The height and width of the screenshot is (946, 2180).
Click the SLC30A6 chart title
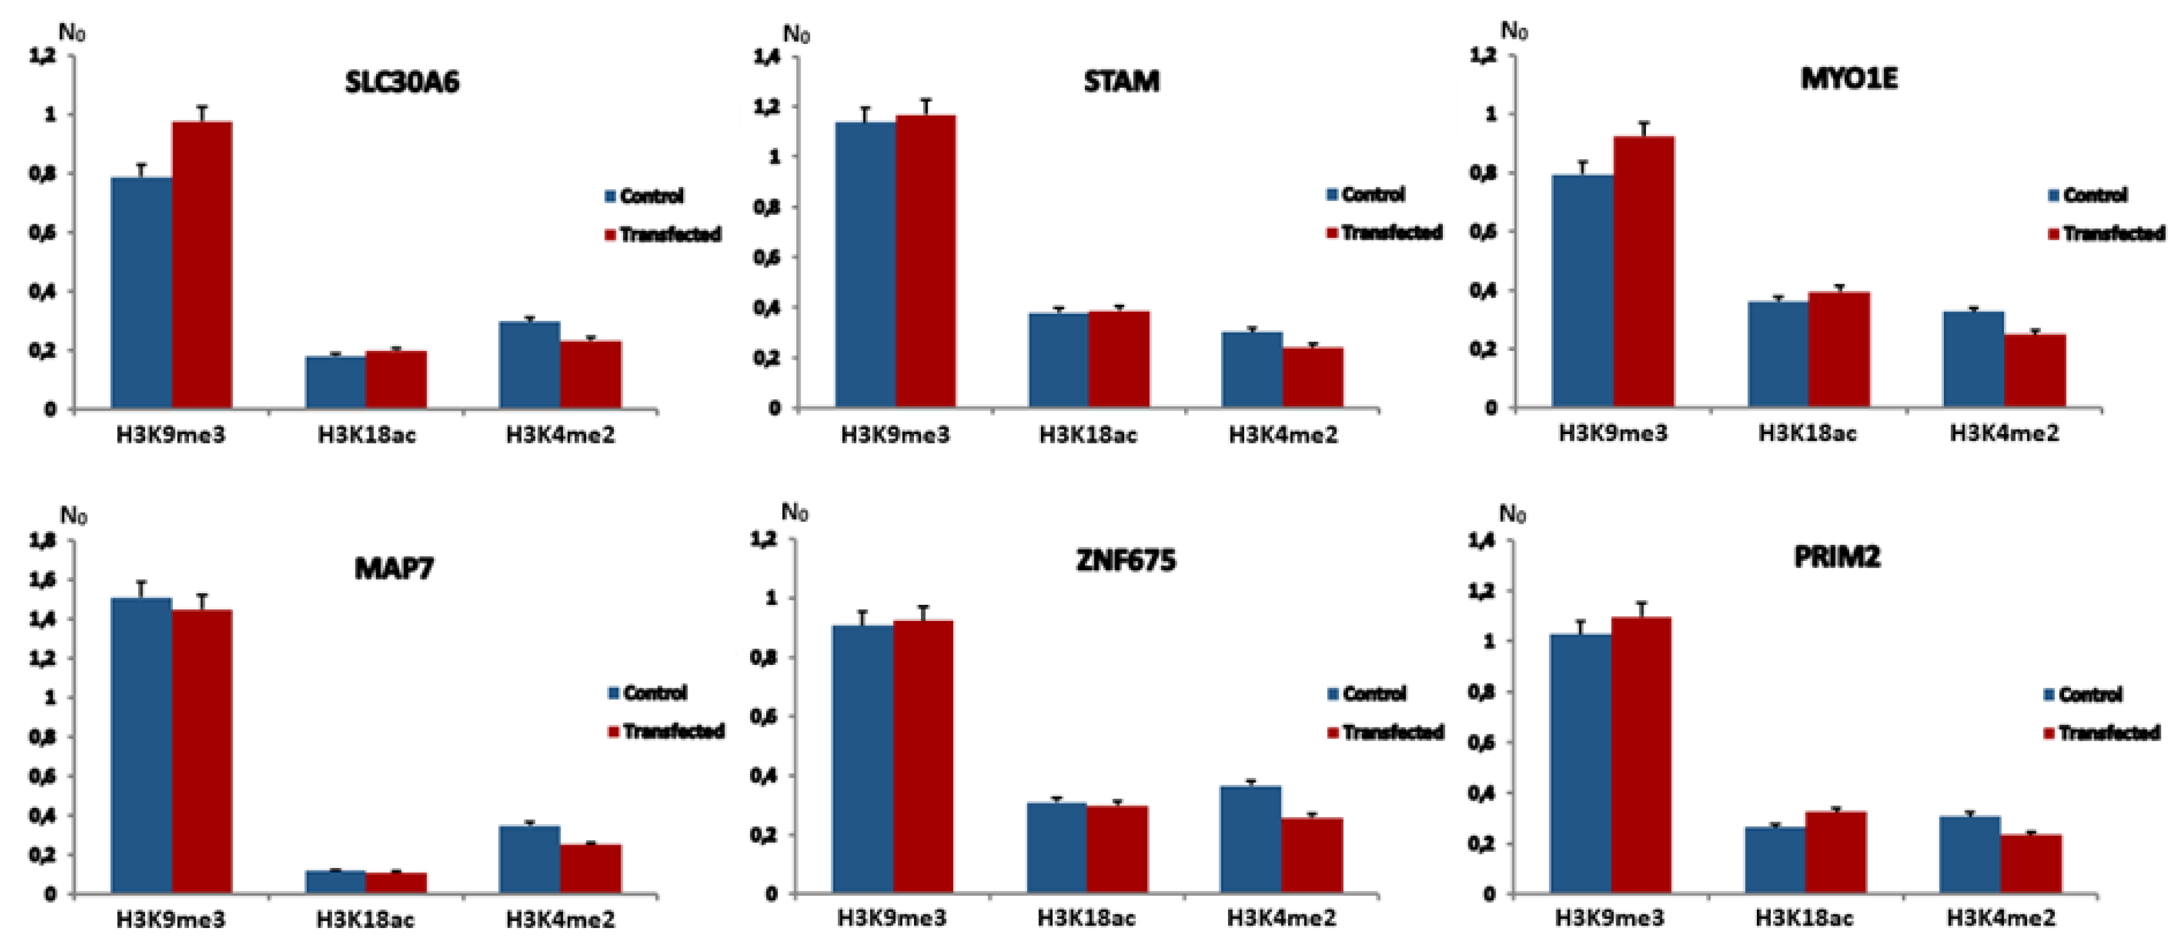pyautogui.click(x=402, y=83)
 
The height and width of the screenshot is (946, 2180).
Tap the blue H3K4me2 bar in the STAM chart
pyautogui.click(x=1253, y=370)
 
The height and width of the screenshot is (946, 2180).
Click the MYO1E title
pyautogui.click(x=1848, y=79)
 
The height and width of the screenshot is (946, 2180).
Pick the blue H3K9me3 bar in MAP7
pyautogui.click(x=141, y=745)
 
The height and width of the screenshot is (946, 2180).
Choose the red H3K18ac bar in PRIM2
pyautogui.click(x=1836, y=851)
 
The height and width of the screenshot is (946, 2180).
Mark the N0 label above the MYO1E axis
pyautogui.click(x=1514, y=32)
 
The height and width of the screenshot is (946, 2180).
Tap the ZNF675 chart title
pyautogui.click(x=1125, y=561)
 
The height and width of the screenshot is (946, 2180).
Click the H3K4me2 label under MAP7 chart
pyautogui.click(x=560, y=920)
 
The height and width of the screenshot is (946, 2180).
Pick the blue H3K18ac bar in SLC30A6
pyautogui.click(x=336, y=382)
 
